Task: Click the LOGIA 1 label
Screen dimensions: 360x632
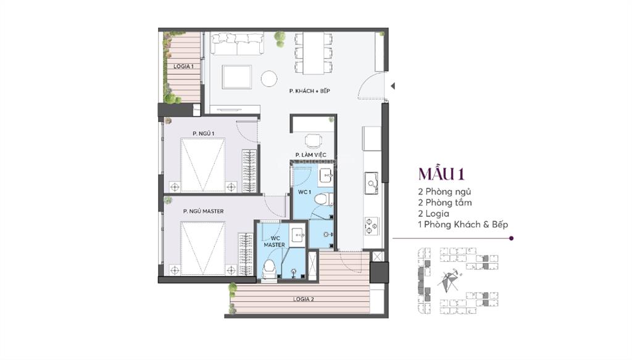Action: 183,66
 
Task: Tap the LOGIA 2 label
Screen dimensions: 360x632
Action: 304,299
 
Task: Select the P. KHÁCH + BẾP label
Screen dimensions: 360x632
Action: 310,91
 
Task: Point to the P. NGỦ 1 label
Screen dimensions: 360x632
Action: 202,133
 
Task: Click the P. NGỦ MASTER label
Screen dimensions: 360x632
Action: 203,211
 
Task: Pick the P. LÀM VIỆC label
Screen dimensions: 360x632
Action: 310,154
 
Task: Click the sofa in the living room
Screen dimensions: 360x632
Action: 238,43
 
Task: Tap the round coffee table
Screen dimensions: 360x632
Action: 268,78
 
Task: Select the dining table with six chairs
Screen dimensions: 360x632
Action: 314,52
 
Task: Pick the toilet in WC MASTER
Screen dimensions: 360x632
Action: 269,269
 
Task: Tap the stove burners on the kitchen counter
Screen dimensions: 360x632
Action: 372,226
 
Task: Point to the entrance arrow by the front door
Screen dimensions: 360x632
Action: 393,86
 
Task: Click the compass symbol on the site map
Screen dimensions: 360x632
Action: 449,281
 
